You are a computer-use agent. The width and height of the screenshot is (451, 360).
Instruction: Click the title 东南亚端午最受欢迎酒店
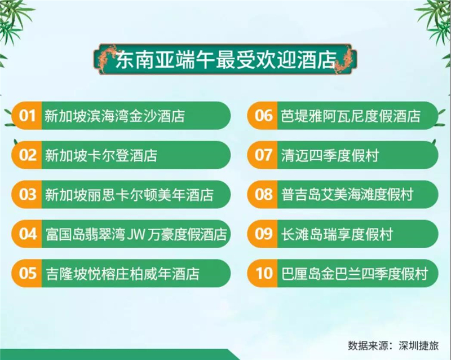point(226,60)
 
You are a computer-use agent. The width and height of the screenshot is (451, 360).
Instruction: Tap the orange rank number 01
point(27,116)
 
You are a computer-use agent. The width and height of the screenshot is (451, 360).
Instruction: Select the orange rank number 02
point(28,155)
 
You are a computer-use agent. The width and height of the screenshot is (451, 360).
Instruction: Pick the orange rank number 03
point(28,195)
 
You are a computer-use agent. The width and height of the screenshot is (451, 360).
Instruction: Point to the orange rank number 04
point(28,234)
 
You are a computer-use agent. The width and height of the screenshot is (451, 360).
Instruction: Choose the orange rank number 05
point(28,273)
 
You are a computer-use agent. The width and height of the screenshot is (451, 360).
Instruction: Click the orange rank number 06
point(263,116)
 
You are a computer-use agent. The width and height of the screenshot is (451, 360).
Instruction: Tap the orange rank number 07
point(263,155)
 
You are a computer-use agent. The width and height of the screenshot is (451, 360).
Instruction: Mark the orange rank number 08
point(263,195)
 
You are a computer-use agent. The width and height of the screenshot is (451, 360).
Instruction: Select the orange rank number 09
point(263,234)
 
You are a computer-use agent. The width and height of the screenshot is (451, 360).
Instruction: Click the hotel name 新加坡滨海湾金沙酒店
point(114,116)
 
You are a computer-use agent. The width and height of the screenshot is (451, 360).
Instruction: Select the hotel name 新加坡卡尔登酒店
point(101,155)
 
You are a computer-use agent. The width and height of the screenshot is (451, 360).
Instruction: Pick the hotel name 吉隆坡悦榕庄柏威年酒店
point(123,274)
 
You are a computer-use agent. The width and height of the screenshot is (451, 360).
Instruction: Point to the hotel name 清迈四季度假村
point(330,155)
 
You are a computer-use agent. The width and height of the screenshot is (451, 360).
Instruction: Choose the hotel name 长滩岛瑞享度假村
point(337,234)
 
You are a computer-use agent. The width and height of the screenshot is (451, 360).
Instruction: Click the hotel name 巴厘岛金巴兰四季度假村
point(355,274)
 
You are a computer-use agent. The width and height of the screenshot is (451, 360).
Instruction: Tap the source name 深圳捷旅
point(419,345)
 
